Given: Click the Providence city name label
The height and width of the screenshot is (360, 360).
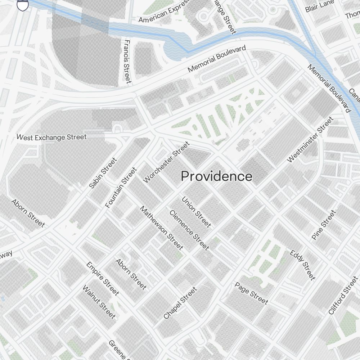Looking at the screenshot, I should [216, 176].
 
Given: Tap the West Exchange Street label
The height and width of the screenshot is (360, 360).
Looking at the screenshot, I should [51, 137].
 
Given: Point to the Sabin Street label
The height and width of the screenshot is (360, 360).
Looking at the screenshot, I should [103, 173].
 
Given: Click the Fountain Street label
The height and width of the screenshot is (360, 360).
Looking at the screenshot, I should [121, 188].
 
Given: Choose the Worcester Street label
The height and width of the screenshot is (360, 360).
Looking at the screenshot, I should [166, 162].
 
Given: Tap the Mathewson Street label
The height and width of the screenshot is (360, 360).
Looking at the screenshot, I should [162, 228].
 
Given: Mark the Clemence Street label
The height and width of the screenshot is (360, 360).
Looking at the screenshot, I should [189, 230].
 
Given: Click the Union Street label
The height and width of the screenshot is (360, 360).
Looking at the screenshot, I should [196, 212].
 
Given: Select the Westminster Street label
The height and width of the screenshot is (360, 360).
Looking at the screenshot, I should [310, 140].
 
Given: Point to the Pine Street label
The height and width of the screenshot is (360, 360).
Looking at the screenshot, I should [324, 225].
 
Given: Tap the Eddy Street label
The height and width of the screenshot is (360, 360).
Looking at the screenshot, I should [302, 265].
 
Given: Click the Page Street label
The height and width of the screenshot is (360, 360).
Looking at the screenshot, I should [251, 293].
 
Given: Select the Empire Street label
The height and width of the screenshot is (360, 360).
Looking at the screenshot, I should [103, 279].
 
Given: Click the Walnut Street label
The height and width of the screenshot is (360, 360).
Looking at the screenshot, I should [99, 302].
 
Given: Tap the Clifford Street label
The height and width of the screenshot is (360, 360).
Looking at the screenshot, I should [343, 296].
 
